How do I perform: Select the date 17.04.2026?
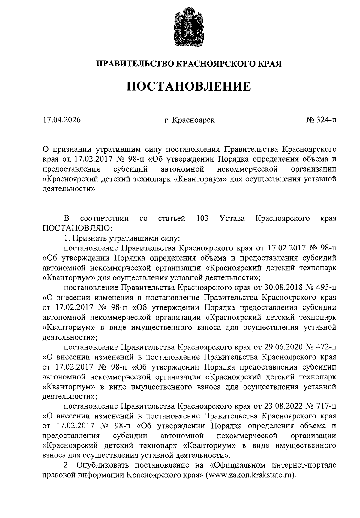pos(62,120)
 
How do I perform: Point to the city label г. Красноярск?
pos(189,120)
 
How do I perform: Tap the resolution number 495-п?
pos(325,288)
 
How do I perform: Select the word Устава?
pos(232,218)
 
